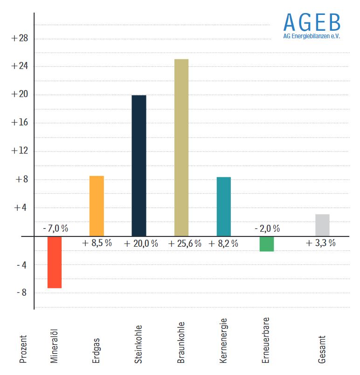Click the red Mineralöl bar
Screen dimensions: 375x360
coord(54,262)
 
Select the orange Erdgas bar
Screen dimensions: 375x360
coord(97,206)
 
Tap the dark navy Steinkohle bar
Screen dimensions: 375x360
coord(139,166)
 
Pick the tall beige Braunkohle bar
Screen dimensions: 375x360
coord(181,147)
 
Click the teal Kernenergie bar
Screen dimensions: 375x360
coord(224,207)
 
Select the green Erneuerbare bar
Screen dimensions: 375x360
coord(267,244)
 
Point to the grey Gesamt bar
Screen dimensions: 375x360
coord(322,225)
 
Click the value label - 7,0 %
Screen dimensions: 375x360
coord(55,229)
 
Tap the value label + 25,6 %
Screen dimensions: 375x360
coord(185,243)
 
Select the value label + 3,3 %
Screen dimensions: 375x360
coord(320,243)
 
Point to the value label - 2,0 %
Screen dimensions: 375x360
coord(267,229)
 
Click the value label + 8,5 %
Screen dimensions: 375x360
coord(97,243)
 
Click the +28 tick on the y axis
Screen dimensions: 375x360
coord(20,38)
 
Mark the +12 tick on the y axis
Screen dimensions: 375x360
coord(20,151)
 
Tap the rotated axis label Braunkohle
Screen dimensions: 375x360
coord(181,342)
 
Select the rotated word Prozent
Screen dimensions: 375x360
coord(23,349)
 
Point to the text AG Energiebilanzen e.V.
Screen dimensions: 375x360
coord(312,36)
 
